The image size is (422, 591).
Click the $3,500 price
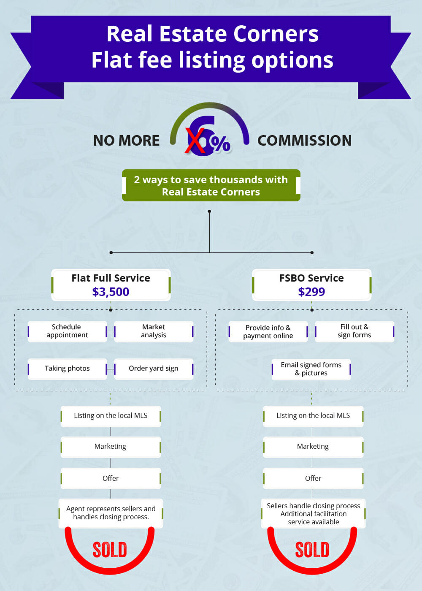111,292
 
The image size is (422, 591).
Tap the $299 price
311,292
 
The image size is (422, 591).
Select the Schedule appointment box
67,331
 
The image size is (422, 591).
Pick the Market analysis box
154,331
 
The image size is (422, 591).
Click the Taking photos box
67,369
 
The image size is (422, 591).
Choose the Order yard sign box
154,369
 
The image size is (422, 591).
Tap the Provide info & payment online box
268,332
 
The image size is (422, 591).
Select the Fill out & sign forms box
354,331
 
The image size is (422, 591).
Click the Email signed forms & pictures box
311,369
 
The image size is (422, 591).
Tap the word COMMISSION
304,141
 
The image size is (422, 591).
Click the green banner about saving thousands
211,186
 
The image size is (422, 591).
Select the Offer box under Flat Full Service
111,478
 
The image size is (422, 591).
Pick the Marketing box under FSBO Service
313,447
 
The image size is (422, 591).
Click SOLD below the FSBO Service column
312,550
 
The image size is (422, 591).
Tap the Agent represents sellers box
111,513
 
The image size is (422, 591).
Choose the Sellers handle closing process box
313,514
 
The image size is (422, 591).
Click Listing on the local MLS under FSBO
313,416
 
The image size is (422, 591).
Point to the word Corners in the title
276,34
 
